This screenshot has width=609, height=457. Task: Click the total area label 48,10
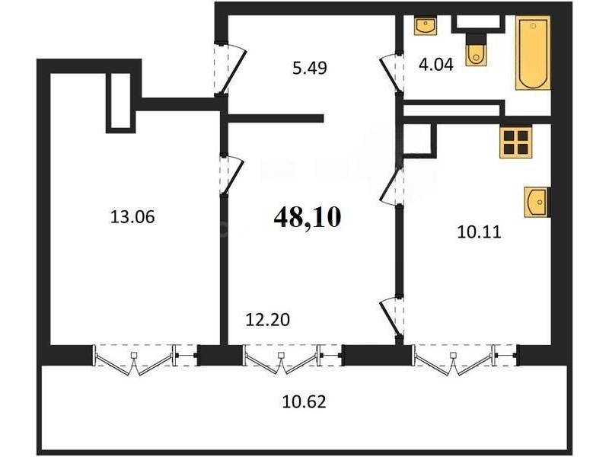tap(308, 217)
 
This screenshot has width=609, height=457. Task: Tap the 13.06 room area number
tap(132, 217)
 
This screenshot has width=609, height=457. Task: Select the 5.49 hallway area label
tap(310, 68)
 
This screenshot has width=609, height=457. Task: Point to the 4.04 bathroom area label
tap(435, 64)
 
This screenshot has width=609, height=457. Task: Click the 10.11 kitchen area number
tap(480, 232)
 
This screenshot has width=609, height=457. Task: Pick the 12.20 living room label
tap(268, 320)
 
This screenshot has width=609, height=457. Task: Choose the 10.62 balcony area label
tap(304, 401)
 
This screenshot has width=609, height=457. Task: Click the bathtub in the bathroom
tap(533, 53)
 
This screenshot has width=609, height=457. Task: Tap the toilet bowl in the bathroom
tap(475, 56)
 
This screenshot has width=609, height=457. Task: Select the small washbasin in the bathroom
tap(426, 26)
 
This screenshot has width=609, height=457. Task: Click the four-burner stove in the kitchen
tap(515, 142)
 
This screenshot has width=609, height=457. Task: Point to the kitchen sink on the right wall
tap(537, 202)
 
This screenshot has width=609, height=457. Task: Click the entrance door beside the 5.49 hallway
tap(231, 69)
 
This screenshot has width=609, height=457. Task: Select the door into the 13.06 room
tap(231, 175)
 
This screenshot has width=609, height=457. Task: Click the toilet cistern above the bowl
tap(476, 38)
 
